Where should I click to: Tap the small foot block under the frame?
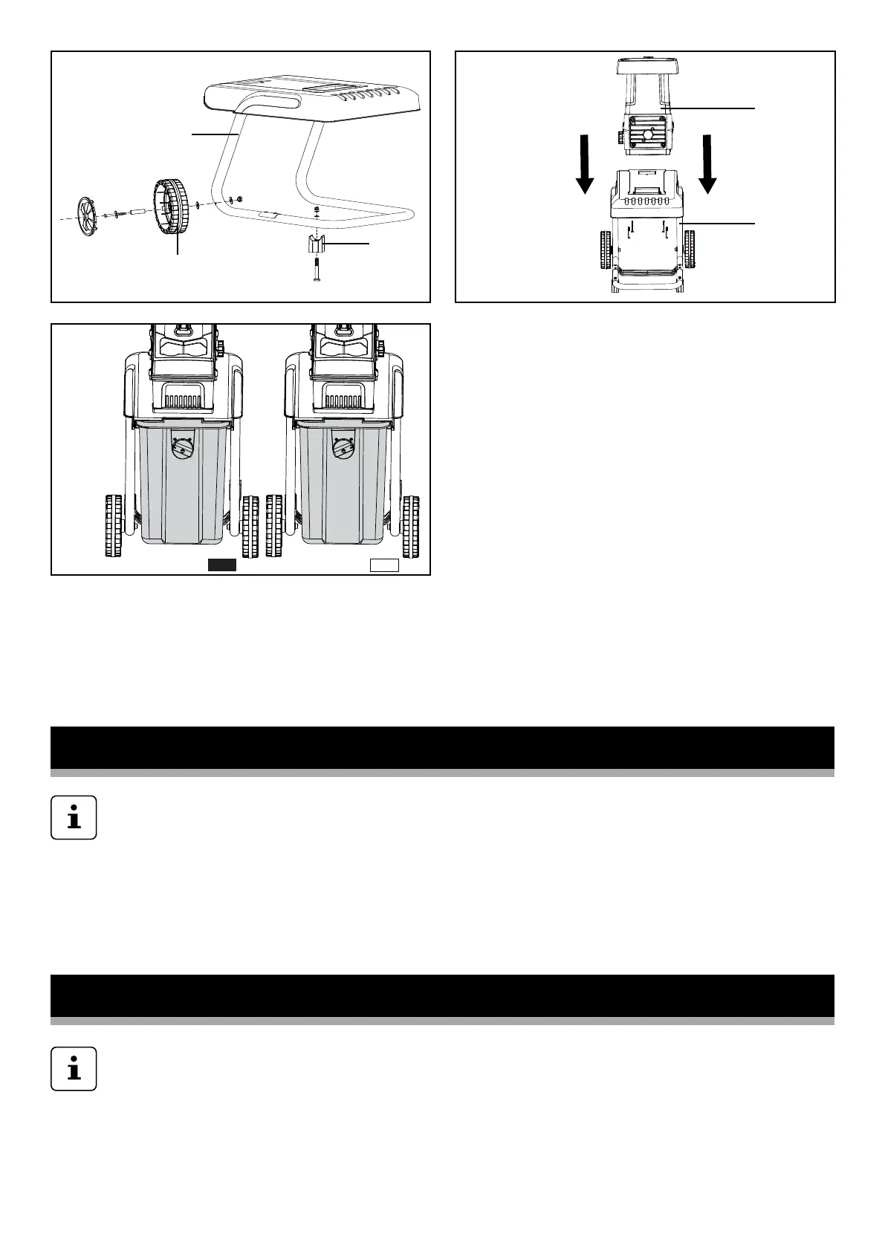pos(317,243)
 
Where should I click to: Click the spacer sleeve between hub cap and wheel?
pos(138,212)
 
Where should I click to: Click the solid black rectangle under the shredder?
pos(221,565)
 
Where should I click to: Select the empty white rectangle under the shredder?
pos(385,565)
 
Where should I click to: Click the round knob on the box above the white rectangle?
pos(343,448)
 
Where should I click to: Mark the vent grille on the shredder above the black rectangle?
pos(183,401)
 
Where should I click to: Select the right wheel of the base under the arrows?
pos(689,250)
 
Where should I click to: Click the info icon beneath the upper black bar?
pos(74,818)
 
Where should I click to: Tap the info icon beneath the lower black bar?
pos(74,1069)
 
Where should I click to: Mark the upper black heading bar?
pos(442,747)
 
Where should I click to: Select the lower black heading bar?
pos(442,995)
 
